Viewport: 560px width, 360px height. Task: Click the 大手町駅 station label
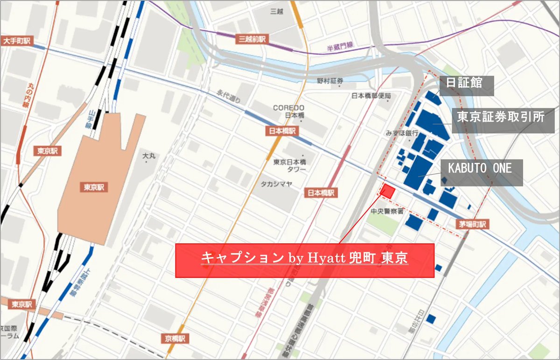click(x=16, y=41)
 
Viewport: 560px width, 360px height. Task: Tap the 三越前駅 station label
click(x=252, y=39)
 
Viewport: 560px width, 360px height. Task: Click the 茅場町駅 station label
click(x=472, y=225)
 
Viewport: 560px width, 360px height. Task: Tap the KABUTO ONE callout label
click(x=480, y=169)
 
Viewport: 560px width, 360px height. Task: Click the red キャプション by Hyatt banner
click(x=304, y=260)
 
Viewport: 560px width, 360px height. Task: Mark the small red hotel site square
click(x=388, y=191)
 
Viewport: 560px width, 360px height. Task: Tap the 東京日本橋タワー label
click(x=289, y=165)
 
